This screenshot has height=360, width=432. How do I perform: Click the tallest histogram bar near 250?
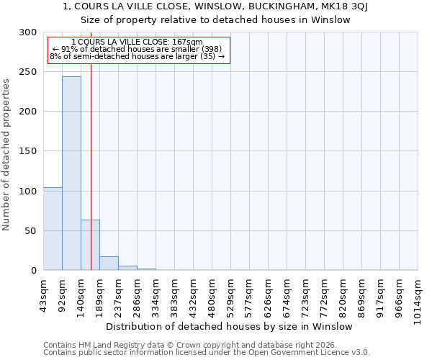pos(71,173)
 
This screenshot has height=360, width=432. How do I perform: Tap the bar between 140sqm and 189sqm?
pos(90,245)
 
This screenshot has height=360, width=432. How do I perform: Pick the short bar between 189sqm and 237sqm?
pos(109,264)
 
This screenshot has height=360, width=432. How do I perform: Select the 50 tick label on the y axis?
pos(30,231)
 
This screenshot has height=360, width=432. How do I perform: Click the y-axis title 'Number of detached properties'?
pos(6,155)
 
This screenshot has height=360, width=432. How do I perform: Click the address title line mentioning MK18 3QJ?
pos(216,6)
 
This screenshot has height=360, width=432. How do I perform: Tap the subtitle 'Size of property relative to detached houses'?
pos(216,20)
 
